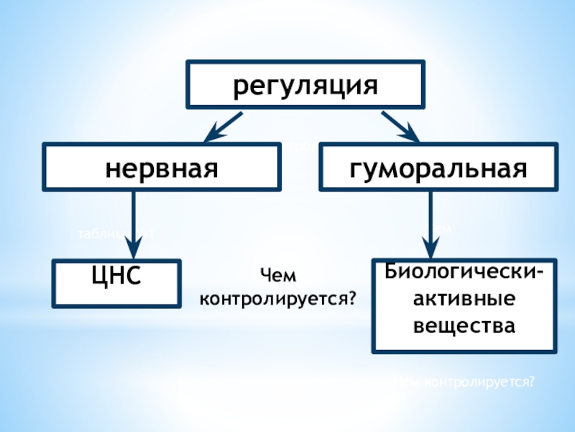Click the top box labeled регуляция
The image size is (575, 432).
click(x=305, y=85)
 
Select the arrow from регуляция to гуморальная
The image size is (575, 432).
click(x=399, y=126)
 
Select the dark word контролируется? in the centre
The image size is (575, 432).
click(x=279, y=296)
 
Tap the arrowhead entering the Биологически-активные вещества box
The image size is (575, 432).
click(x=431, y=249)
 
